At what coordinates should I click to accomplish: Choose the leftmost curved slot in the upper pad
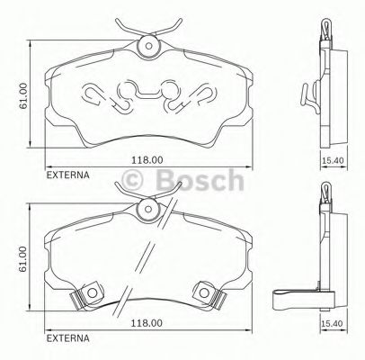[93, 94]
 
